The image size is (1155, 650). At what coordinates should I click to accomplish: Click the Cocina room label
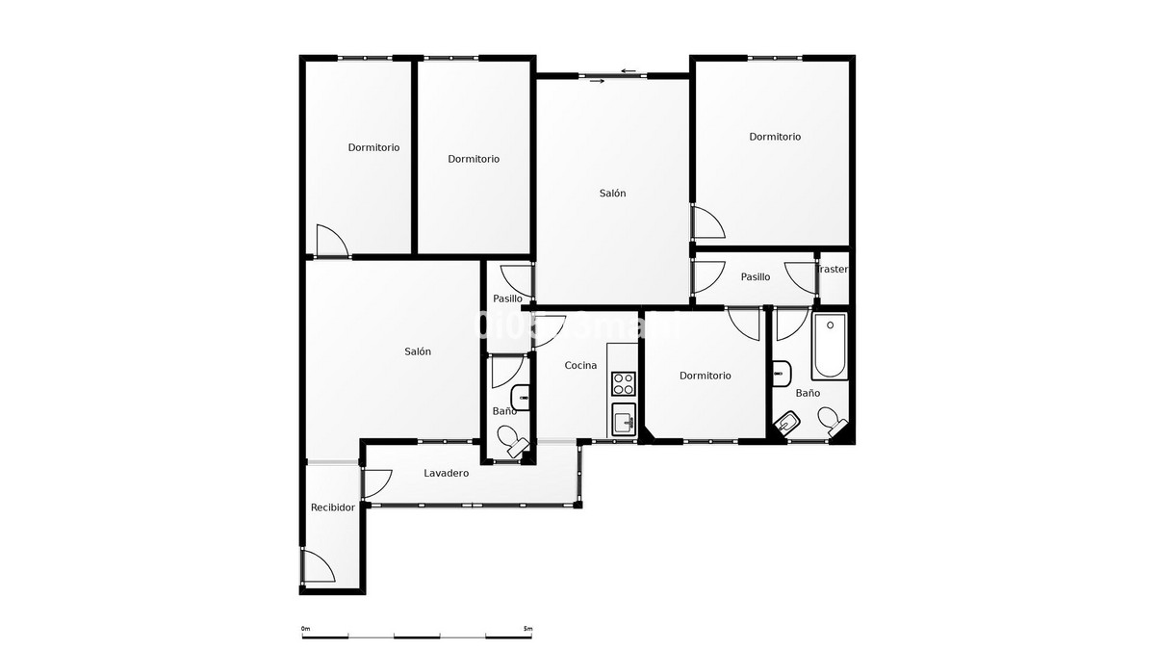580,365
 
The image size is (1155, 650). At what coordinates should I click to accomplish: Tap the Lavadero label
446,473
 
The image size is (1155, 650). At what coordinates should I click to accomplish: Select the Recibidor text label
332,507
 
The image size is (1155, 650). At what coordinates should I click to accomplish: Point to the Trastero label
834,270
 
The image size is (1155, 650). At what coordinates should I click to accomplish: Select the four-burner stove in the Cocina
624,383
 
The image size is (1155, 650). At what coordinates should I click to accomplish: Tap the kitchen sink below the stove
624,420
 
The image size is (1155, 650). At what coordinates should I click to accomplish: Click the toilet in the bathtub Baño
829,419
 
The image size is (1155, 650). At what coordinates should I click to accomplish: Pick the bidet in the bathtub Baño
788,421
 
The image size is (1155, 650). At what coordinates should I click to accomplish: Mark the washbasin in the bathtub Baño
781,372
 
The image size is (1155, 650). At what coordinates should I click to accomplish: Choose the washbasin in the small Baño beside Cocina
521,392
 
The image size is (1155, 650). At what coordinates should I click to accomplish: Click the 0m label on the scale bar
305,629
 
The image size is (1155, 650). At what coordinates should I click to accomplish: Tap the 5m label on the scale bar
526,629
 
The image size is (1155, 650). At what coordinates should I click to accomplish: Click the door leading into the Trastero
802,276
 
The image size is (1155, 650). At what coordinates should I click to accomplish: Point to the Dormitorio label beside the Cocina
705,376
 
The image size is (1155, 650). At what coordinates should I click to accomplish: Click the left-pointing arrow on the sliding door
629,70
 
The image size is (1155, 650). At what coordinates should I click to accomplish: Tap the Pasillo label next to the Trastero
756,277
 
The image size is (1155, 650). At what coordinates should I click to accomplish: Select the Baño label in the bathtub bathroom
808,393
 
